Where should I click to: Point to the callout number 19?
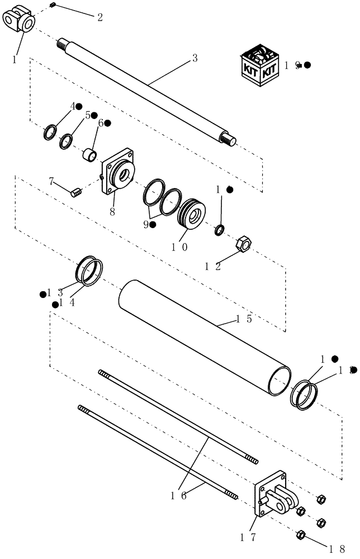click(x=291, y=65)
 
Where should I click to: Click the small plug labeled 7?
click(x=77, y=192)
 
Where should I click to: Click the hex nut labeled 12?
click(x=244, y=244)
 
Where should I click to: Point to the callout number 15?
click(x=242, y=319)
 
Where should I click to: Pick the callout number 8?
click(x=112, y=213)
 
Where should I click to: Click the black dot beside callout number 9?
click(x=153, y=225)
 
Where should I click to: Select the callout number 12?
click(x=211, y=267)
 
